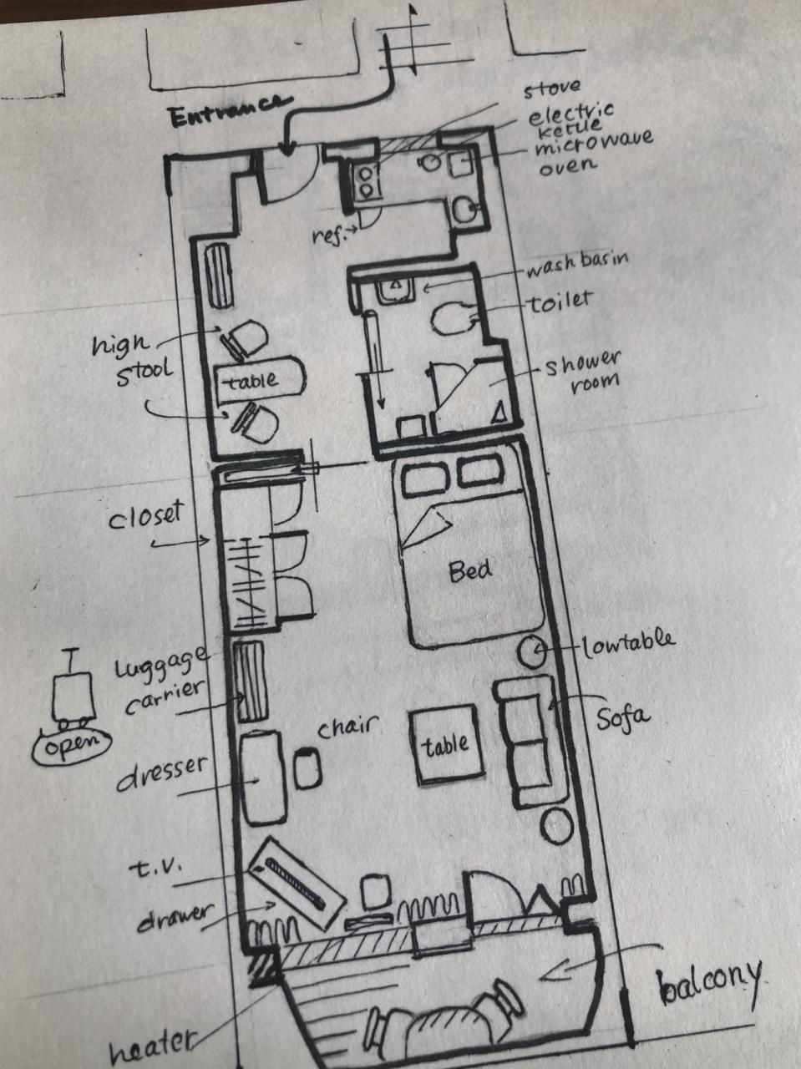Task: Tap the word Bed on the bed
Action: tap(470, 571)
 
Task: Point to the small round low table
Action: tap(531, 651)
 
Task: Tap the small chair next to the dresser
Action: tap(307, 769)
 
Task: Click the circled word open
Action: tap(72, 743)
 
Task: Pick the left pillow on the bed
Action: tap(425, 479)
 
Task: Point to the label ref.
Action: tap(327, 236)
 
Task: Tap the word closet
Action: tap(145, 515)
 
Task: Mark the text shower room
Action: tap(583, 372)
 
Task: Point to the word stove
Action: tap(552, 89)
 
